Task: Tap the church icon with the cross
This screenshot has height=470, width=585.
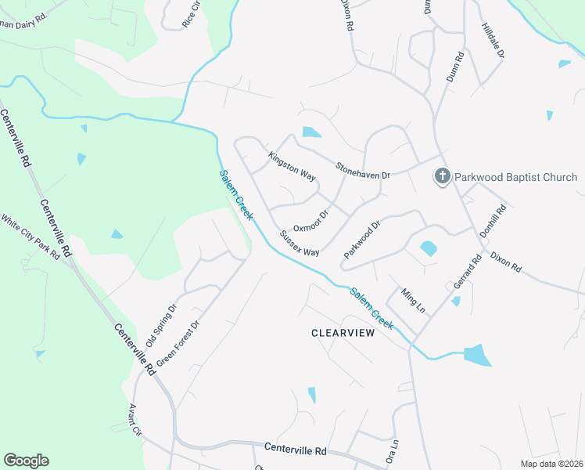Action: (442, 176)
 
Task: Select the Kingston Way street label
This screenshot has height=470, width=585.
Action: (292, 167)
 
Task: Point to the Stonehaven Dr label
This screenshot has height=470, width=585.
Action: (363, 171)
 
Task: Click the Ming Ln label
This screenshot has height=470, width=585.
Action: (413, 301)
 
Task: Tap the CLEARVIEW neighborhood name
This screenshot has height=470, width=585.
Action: (343, 333)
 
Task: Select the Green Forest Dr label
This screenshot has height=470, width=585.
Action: (179, 342)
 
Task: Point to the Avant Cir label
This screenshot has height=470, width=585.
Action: (135, 421)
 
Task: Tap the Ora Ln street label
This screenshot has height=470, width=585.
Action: (393, 453)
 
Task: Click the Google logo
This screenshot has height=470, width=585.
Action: (26, 461)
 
